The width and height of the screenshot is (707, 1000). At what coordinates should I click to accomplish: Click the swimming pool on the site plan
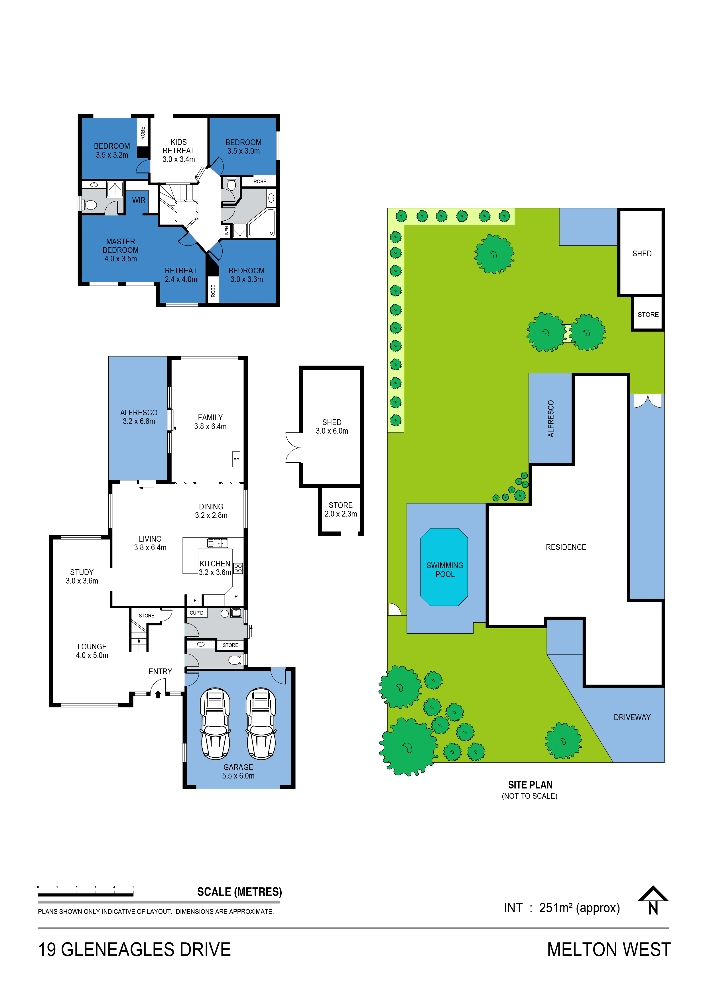tap(444, 567)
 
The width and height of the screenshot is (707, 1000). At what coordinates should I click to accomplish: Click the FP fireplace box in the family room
tap(236, 459)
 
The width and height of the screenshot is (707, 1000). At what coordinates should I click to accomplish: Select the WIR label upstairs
tap(139, 200)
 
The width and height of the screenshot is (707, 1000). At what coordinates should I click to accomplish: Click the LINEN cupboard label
tap(227, 231)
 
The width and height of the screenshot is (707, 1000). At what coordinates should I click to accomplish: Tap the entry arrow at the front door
tap(158, 694)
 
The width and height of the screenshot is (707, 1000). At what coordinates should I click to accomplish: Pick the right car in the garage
tap(261, 723)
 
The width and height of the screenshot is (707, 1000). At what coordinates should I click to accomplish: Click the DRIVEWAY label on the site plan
tap(632, 717)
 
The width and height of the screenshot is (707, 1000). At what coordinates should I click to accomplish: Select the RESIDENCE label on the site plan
tap(566, 547)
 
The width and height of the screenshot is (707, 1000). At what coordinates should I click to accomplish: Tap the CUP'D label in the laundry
tap(196, 613)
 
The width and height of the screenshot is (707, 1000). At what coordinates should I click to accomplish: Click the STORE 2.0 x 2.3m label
tap(341, 510)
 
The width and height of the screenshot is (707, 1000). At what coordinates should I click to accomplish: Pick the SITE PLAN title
tap(530, 785)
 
